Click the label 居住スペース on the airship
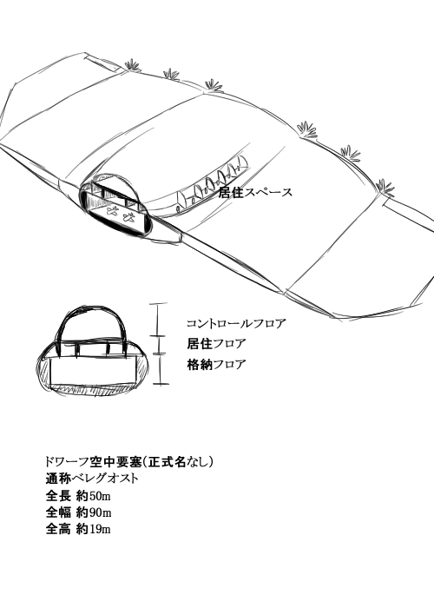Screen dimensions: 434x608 click(x=255, y=192)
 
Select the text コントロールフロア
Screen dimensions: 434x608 click(x=236, y=323)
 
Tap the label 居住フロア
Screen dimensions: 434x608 click(x=217, y=344)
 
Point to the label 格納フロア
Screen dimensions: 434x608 click(x=217, y=365)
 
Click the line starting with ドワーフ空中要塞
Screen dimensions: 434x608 click(x=129, y=462)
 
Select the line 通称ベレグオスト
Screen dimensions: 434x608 click(x=92, y=479)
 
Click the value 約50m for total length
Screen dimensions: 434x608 click(x=94, y=496)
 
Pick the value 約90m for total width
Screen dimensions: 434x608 click(x=94, y=512)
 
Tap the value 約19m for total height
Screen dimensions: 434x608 click(x=94, y=529)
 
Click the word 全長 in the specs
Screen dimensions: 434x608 click(x=58, y=496)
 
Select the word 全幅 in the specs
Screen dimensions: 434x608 click(x=58, y=512)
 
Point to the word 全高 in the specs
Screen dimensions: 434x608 click(x=58, y=529)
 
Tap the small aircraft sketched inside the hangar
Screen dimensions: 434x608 click(x=122, y=214)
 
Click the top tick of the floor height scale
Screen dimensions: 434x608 click(x=158, y=304)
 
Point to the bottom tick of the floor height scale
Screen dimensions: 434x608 click(x=161, y=384)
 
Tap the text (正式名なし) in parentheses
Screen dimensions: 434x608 click(x=178, y=462)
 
